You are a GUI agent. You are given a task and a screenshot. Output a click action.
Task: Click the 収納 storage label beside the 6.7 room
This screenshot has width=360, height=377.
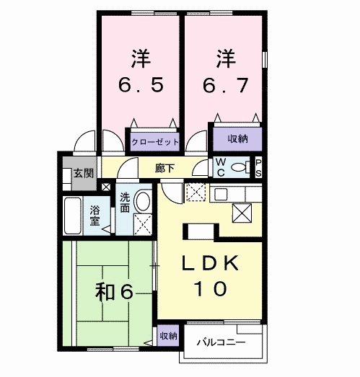pos(237,138)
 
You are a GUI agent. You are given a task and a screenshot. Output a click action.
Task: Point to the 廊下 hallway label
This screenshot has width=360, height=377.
pos(164,168)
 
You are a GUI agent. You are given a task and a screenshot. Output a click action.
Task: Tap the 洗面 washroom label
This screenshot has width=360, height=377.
pos(125,203)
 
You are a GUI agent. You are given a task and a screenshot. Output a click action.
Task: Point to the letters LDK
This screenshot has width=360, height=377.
pos(207,263)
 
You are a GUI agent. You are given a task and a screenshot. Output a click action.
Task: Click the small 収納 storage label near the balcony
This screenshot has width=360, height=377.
pos(167,335)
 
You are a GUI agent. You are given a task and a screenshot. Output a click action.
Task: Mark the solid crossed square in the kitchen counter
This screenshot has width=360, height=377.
pos(242,214)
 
